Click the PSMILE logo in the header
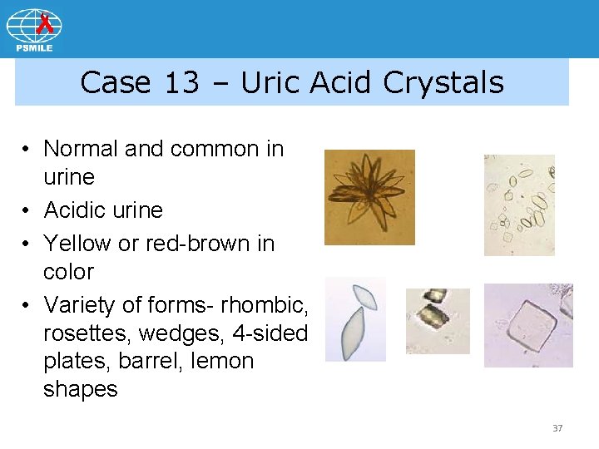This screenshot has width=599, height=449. pos(34,30)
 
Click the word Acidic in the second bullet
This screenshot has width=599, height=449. pos(73,210)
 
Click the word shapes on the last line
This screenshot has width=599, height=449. pos(81,389)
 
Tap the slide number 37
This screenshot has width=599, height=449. pos(557,428)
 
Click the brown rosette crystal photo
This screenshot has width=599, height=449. pos(369,197)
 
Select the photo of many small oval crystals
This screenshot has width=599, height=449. pos(519,205)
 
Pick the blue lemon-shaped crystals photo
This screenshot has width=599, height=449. pos(355,319)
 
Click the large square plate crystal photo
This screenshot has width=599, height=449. pos(528,325)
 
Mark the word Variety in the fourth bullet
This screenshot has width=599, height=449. pos(82,305)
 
